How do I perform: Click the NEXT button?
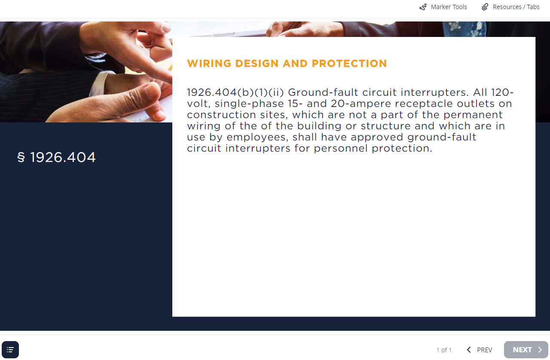pos(526,349)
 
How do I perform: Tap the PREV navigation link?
pos(479,350)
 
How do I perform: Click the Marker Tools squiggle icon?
pos(423,7)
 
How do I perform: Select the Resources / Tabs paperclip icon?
pos(485,7)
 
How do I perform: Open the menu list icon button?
pos(10,349)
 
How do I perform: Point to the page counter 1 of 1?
pos(444,350)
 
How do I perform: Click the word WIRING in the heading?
pos(209,63)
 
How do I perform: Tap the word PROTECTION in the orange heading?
pos(349,63)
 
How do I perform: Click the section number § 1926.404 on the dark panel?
pos(56,157)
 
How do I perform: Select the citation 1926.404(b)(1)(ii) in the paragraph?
pos(235,93)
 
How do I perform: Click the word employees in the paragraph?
pos(257,137)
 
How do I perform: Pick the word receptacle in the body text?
pos(424,104)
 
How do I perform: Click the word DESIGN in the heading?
pos(257,63)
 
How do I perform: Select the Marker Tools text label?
pos(449,7)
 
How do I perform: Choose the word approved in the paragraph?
pos(377,137)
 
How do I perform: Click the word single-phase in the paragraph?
pos(249,104)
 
